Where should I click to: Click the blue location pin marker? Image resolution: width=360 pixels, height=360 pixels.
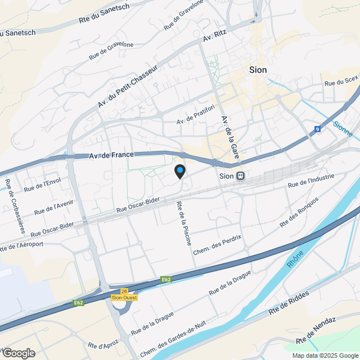coord(180,171)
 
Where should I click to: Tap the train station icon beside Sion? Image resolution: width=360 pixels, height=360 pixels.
coord(240,175)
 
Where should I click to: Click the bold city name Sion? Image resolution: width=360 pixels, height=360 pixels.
coord(258,70)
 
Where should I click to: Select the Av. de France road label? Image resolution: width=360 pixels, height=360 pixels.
coord(111,156)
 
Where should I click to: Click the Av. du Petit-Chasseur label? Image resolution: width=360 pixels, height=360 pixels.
coord(128,86)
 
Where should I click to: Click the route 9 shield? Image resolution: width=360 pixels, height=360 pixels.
coord(318,129)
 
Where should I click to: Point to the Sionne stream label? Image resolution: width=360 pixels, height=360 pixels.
coord(343,129)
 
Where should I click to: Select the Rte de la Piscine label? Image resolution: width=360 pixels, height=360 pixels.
coord(184,223)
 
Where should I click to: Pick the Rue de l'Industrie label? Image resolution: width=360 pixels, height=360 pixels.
coord(310,181)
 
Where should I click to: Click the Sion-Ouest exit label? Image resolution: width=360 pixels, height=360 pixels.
coord(124,298)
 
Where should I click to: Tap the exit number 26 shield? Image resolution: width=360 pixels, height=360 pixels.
coord(124,291)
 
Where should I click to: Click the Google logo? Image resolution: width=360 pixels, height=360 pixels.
coord(18,353)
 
